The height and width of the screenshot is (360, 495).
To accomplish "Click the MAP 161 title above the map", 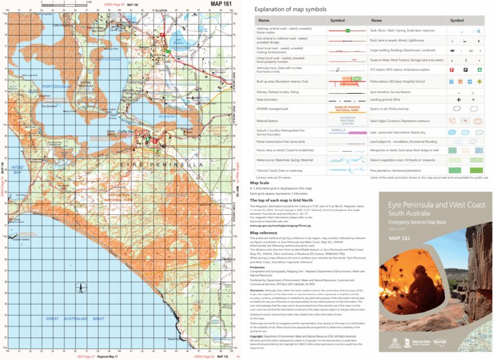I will [218, 5].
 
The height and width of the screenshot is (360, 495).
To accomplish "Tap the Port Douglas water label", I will [53, 87].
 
